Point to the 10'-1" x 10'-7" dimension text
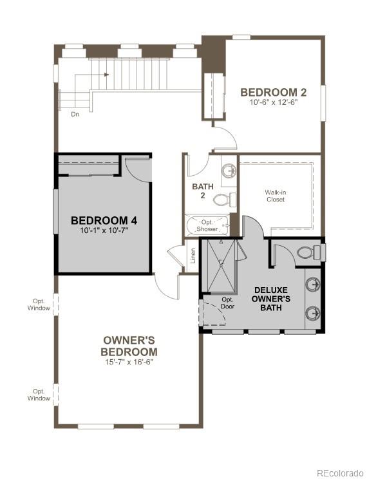(104, 230)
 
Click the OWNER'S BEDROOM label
(129, 346)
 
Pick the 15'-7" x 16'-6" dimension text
(129, 362)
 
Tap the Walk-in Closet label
(275, 196)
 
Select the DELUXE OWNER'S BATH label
(271, 299)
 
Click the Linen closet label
(193, 256)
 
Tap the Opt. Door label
(227, 303)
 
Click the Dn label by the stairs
(75, 114)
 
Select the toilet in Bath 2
(223, 199)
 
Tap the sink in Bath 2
(229, 171)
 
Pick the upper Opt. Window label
(39, 305)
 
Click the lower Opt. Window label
(39, 395)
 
